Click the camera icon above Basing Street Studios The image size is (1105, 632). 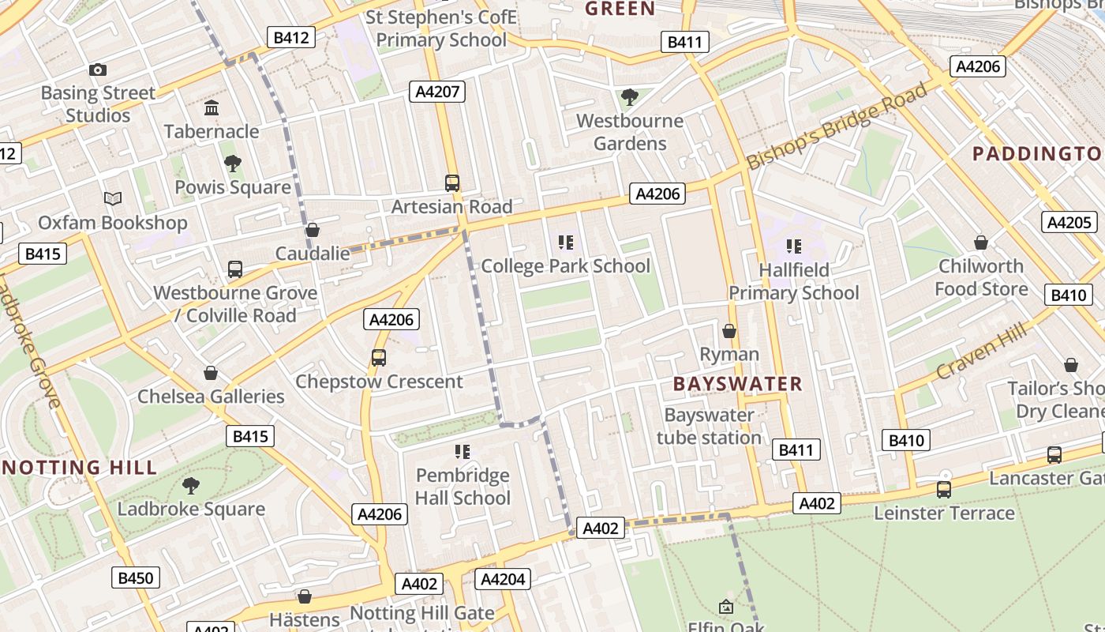click(98, 70)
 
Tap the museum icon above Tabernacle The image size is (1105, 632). click(212, 107)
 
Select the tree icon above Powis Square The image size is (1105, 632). click(233, 164)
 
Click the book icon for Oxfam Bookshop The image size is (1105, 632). click(113, 198)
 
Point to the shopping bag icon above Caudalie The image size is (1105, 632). click(313, 230)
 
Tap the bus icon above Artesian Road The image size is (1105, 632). click(452, 183)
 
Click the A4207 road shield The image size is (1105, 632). click(437, 92)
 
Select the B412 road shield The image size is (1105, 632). click(291, 36)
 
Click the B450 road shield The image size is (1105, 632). click(135, 578)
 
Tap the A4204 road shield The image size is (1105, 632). click(503, 579)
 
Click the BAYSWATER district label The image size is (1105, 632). click(737, 385)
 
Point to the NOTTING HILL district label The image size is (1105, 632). click(79, 467)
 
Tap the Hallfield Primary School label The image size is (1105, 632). click(793, 281)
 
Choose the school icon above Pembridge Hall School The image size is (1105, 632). click(463, 452)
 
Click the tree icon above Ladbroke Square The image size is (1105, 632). click(190, 485)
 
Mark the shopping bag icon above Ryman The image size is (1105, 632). click(729, 331)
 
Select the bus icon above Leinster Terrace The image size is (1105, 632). click(944, 490)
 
